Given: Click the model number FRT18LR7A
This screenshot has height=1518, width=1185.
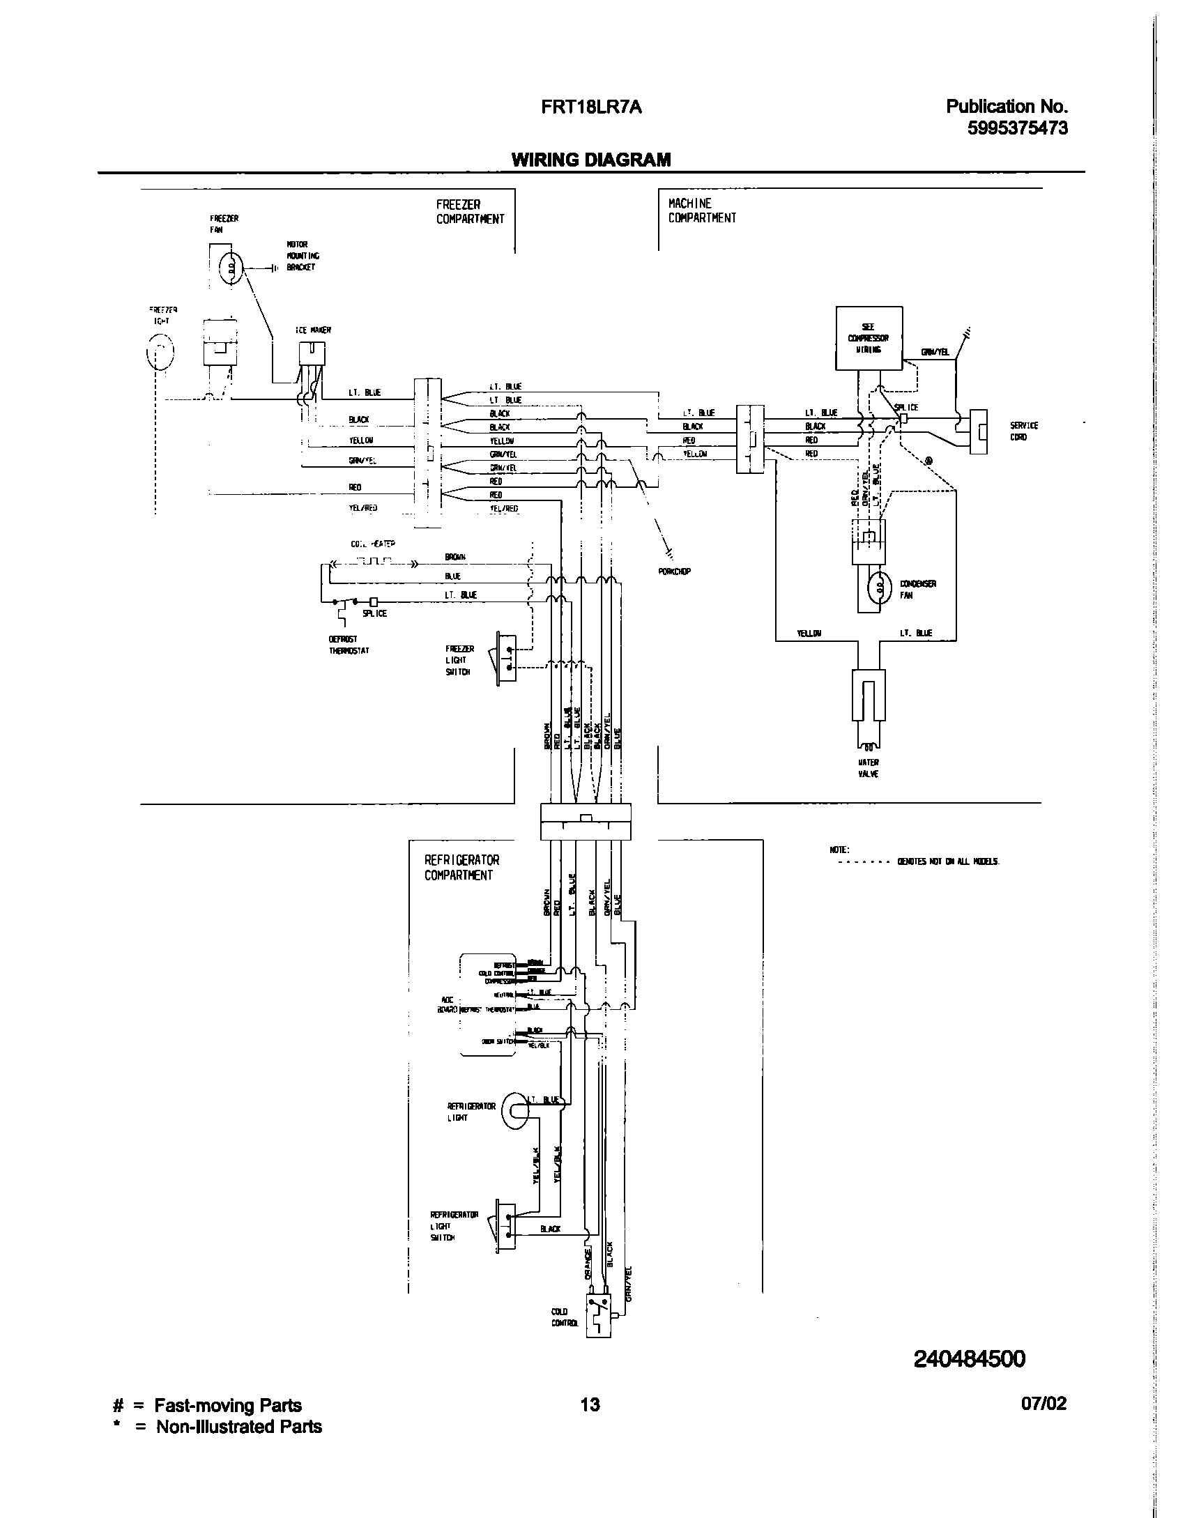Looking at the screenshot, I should pos(591,107).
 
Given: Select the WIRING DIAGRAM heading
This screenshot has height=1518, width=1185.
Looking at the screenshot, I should pos(591,160).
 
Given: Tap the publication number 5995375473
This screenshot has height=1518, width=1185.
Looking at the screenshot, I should pos(1017,128).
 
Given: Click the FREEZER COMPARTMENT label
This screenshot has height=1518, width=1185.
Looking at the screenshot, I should pos(470,212).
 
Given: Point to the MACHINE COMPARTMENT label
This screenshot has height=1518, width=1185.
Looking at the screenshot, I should pos(701,210).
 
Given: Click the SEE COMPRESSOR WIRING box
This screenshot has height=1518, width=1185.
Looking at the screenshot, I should pos(869,338).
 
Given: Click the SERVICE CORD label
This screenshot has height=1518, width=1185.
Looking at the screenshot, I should pos(1023,431).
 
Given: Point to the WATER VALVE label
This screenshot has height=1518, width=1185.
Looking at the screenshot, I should pos(868,768).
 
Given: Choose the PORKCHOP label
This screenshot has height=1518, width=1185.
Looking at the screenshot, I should pos(673,572).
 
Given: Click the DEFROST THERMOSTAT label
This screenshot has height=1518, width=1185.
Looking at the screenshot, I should pos(349,645).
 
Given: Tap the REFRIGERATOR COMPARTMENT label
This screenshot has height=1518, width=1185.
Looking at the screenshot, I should pos(461,868).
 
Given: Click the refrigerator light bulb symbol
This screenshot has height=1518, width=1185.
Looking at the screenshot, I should pos(515,1111).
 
